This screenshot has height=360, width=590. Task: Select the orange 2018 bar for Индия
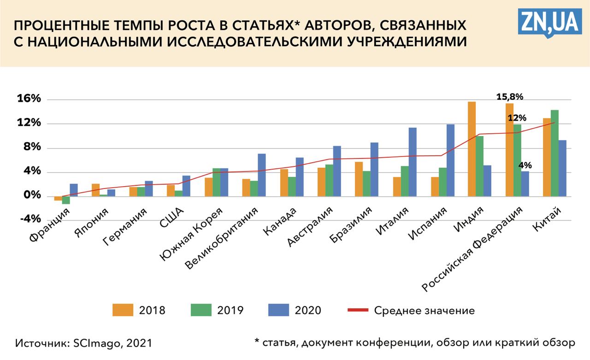[472, 148]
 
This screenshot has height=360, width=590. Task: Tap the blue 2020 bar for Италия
[413, 161]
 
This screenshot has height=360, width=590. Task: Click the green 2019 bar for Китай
[555, 153]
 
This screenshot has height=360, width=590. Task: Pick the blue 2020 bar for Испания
[450, 160]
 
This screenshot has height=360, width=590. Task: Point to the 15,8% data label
[509, 97]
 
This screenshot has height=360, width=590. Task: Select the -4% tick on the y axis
[30, 219]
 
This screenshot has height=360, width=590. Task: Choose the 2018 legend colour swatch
[123, 310]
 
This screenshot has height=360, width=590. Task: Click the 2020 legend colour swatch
[278, 310]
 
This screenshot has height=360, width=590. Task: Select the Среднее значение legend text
[424, 310]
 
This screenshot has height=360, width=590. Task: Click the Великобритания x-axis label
[222, 239]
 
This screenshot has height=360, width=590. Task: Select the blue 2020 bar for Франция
[74, 190]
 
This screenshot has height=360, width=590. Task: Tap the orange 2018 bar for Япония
[95, 190]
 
